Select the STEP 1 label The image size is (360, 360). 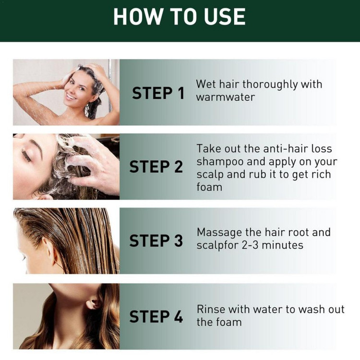pyautogui.click(x=158, y=93)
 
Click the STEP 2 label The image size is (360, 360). pyautogui.click(x=156, y=167)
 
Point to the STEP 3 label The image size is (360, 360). pyautogui.click(x=156, y=240)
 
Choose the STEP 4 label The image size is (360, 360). pyautogui.click(x=156, y=316)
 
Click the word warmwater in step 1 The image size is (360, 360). pyautogui.click(x=226, y=97)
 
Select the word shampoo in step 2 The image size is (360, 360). pyautogui.click(x=220, y=162)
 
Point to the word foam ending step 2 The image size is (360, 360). pyautogui.click(x=209, y=187)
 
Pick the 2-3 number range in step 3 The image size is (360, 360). pyautogui.click(x=250, y=245)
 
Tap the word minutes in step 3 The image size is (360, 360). pyautogui.click(x=282, y=245)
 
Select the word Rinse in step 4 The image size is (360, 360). pyautogui.click(x=211, y=309)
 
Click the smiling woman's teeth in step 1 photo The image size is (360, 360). pyautogui.click(x=71, y=96)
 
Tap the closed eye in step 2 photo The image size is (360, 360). pyautogui.click(x=26, y=156)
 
